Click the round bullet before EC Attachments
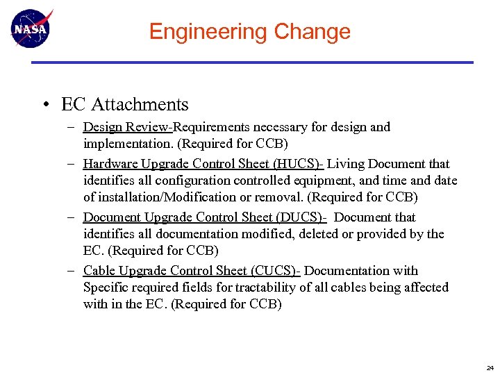click(x=44, y=106)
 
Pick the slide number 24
click(x=490, y=367)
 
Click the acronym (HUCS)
click(x=298, y=164)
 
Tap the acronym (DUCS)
click(x=301, y=217)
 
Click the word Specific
click(x=106, y=287)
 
